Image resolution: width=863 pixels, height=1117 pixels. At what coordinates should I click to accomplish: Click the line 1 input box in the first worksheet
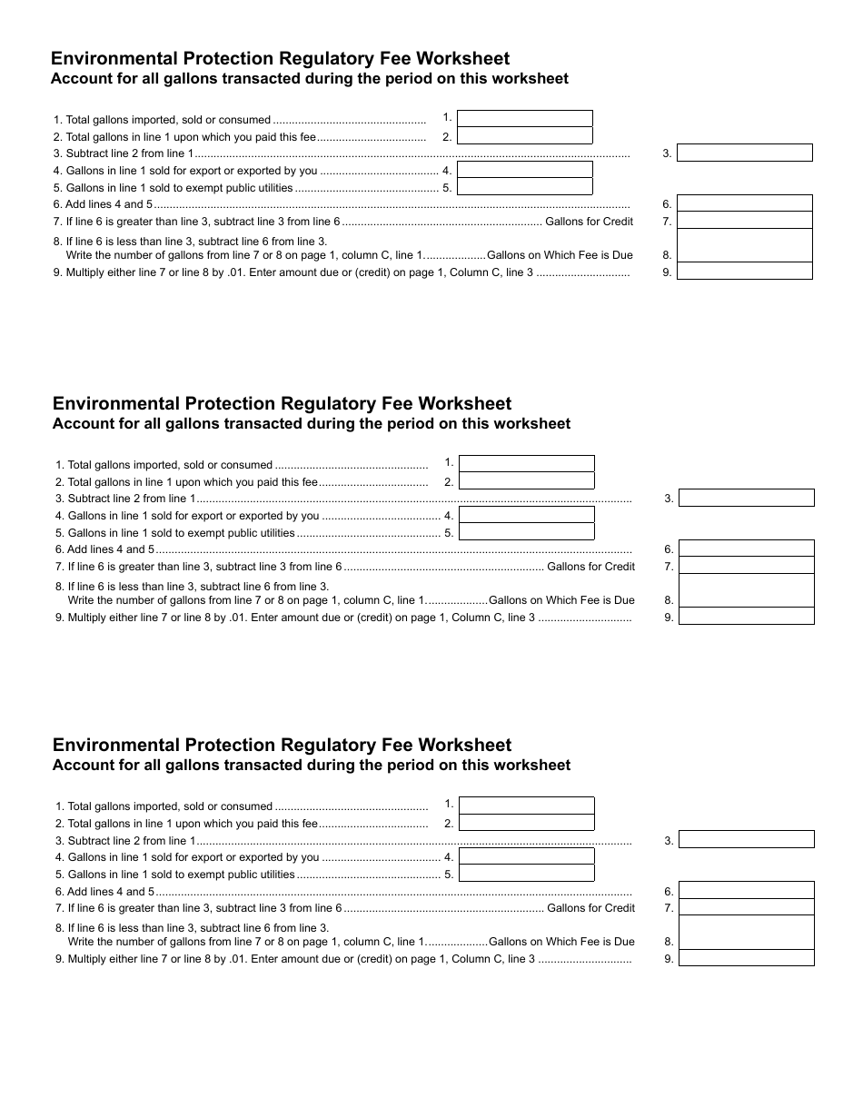524,118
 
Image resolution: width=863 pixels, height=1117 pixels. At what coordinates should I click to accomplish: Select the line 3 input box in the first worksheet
745,153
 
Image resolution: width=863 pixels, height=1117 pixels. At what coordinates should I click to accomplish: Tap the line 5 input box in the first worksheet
524,187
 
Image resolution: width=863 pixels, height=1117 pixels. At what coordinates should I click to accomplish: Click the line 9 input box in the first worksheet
745,272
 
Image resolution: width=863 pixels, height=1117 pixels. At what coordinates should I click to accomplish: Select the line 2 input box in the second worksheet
526,481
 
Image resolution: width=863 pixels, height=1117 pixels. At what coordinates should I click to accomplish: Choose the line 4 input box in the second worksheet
526,515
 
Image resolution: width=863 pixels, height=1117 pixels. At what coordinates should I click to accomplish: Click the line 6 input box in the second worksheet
747,549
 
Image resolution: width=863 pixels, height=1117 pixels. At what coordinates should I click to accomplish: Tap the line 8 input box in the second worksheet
747,590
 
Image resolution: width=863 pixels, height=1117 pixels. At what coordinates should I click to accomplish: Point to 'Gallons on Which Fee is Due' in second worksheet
561,600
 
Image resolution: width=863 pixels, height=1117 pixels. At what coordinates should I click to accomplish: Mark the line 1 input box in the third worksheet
526,806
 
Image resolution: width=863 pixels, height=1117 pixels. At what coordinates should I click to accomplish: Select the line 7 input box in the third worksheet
747,907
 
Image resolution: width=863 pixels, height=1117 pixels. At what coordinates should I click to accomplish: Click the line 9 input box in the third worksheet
747,958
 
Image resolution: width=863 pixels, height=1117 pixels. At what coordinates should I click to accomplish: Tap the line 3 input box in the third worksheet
747,840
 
